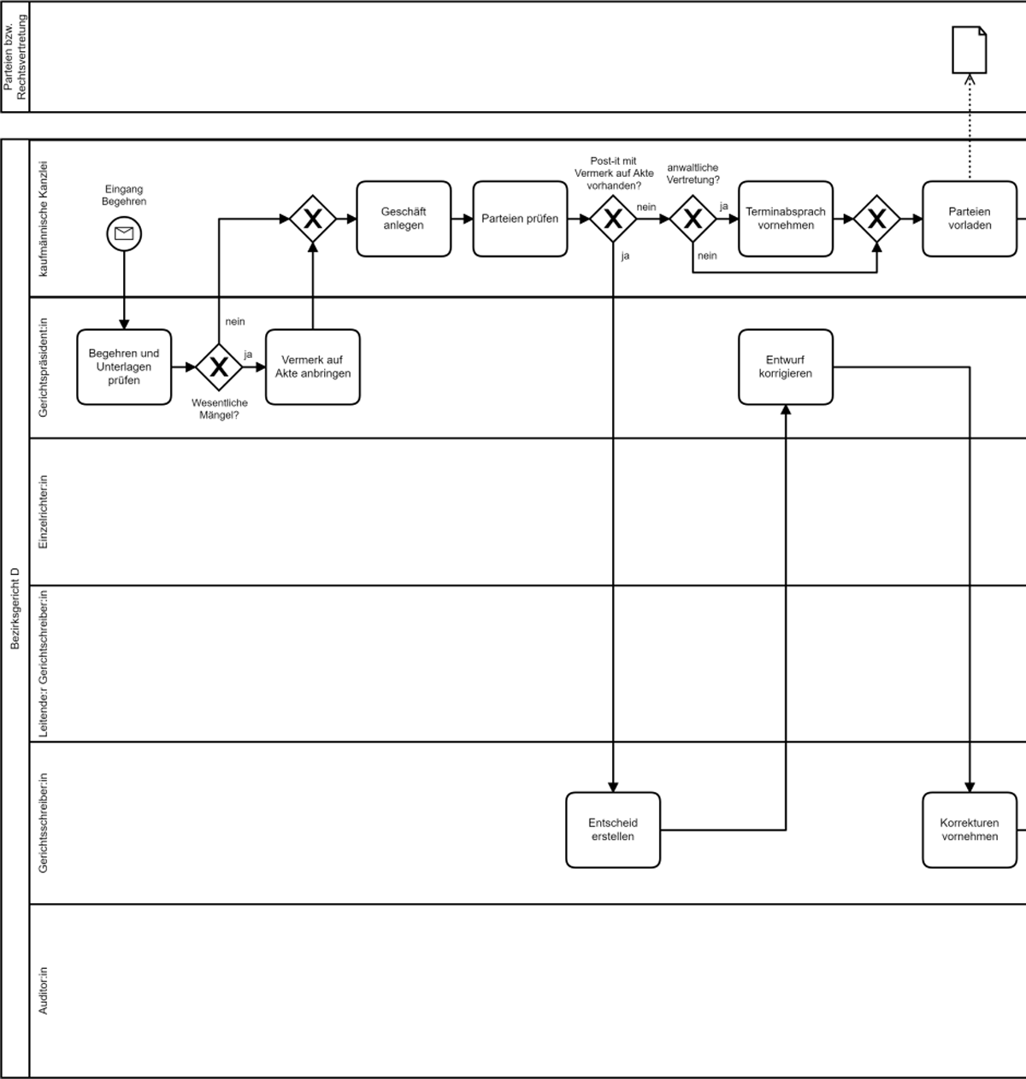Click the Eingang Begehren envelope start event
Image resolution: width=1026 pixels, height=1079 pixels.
[x=124, y=233]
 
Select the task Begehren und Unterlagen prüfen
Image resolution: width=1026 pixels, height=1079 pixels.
[x=124, y=367]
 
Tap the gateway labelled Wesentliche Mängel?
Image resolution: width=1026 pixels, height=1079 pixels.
[x=219, y=367]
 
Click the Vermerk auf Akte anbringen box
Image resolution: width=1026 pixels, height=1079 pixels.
[x=312, y=367]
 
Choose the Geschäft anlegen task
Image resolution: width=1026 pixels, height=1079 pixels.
[x=404, y=219]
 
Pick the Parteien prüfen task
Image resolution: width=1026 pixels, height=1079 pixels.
[x=520, y=219]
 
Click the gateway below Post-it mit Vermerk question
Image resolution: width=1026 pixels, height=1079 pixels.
[x=613, y=219]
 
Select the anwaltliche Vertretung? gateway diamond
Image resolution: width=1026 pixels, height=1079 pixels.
[x=693, y=219]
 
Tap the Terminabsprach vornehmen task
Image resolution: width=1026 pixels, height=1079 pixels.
[x=785, y=219]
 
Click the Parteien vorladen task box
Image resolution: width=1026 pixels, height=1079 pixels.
[x=970, y=219]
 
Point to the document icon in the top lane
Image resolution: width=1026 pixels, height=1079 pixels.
[x=970, y=50]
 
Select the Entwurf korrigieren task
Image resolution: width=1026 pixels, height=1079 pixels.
[x=785, y=367]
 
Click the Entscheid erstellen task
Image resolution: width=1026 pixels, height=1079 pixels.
[x=613, y=830]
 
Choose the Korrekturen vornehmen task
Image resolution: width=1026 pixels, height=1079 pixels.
[x=970, y=830]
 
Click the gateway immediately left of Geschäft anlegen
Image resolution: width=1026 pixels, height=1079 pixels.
[x=312, y=219]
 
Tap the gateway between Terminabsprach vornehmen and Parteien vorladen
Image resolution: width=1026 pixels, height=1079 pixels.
[x=876, y=219]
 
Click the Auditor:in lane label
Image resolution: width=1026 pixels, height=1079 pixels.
[x=44, y=990]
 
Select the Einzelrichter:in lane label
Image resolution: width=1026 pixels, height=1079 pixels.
[x=44, y=512]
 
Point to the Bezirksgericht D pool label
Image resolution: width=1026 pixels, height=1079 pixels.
[x=15, y=607]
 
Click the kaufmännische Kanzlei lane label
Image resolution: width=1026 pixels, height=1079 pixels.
[x=44, y=219]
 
